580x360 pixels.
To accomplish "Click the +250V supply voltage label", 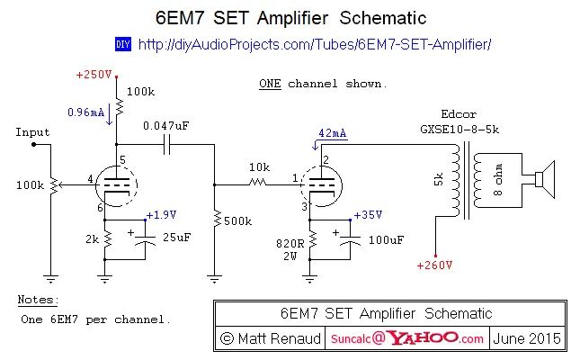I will [94, 74].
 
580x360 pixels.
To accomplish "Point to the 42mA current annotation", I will [332, 133].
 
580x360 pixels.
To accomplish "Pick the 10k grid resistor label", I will [260, 167].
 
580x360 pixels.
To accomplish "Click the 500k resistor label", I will [237, 220].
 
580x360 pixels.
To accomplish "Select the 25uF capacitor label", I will [176, 237].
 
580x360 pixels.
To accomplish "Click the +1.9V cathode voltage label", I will [163, 215].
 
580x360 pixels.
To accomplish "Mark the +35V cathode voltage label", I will [368, 215].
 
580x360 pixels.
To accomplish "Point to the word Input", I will [32, 132].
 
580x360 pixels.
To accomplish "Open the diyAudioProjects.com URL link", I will [316, 43].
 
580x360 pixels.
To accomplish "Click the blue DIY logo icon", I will [124, 43].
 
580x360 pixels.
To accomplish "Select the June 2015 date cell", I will [529, 338].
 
